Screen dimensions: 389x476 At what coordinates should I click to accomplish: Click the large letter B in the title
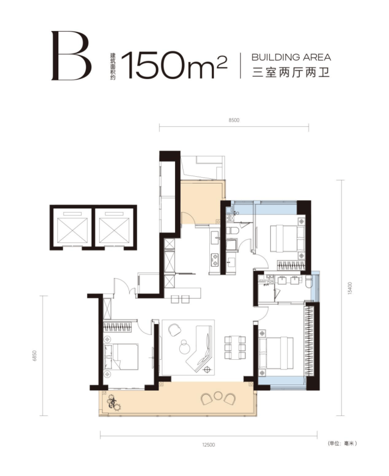point(71,56)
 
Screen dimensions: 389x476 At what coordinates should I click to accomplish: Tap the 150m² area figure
point(175,65)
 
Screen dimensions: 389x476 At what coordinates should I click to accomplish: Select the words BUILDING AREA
point(291,57)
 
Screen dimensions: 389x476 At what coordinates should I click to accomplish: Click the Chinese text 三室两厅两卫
point(291,73)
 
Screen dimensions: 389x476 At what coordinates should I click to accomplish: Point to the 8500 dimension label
point(234,120)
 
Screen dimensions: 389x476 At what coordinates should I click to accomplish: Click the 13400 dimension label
point(350,288)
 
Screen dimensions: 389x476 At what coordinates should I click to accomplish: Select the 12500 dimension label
point(209,445)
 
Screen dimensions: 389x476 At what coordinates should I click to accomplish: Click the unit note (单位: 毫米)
point(342,443)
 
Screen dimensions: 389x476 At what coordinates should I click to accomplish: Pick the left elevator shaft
point(72,227)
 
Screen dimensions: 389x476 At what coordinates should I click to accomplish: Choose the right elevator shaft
point(115,227)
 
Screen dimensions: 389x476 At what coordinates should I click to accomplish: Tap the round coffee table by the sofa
point(183,347)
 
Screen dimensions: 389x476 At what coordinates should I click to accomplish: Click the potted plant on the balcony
point(114,402)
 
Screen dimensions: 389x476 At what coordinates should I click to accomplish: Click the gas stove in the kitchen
point(214,259)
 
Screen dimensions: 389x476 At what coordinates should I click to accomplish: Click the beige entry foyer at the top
point(201,202)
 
